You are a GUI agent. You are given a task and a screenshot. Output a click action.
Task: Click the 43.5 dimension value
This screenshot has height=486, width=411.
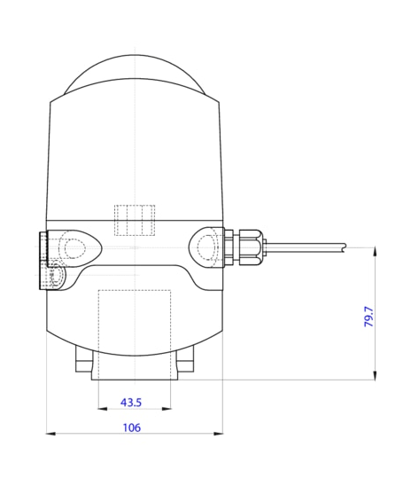tap(131, 403)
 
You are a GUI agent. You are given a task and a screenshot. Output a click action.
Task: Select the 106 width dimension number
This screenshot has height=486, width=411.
tap(131, 427)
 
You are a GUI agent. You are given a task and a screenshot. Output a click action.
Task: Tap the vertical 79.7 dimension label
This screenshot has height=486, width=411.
tap(369, 317)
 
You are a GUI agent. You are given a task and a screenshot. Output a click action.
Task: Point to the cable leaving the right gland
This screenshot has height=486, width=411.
tap(301, 246)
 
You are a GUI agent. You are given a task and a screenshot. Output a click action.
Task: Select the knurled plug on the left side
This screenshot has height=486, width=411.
tap(43, 261)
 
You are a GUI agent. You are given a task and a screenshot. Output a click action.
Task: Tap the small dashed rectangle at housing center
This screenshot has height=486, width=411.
tap(135, 220)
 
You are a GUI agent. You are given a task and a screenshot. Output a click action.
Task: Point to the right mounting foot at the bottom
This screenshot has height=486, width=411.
tap(185, 362)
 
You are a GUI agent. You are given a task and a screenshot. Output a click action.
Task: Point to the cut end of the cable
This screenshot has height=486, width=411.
tap(345, 247)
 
